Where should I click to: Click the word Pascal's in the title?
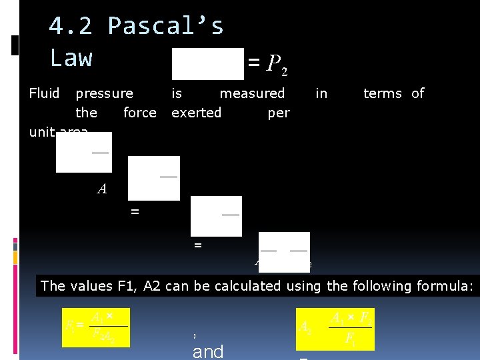166,27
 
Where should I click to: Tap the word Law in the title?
71,58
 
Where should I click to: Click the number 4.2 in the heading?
71,27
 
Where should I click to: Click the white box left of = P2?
208,63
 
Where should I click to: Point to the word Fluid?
45,93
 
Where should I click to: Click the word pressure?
104,93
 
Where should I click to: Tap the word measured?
252,93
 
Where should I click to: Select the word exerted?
196,113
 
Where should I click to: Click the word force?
140,113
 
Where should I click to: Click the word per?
279,113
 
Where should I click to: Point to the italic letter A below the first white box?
102,189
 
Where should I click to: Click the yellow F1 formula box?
95,327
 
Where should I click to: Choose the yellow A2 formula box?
335,328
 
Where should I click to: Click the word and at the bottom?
208,351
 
